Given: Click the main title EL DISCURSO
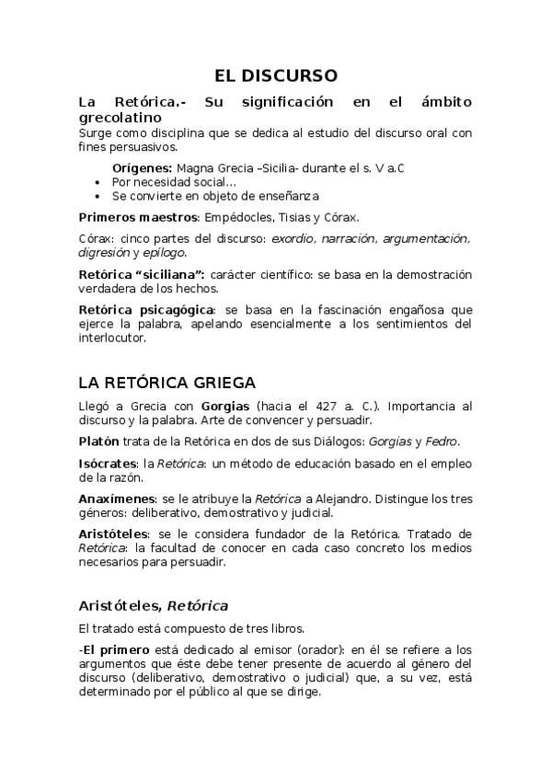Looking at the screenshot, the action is tap(276, 75).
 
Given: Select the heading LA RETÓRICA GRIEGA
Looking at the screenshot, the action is tap(166, 383).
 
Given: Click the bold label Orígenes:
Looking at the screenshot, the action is tap(142, 168).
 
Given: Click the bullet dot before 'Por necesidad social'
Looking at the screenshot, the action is tap(98, 182).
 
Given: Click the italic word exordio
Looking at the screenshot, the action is tap(298, 238).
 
